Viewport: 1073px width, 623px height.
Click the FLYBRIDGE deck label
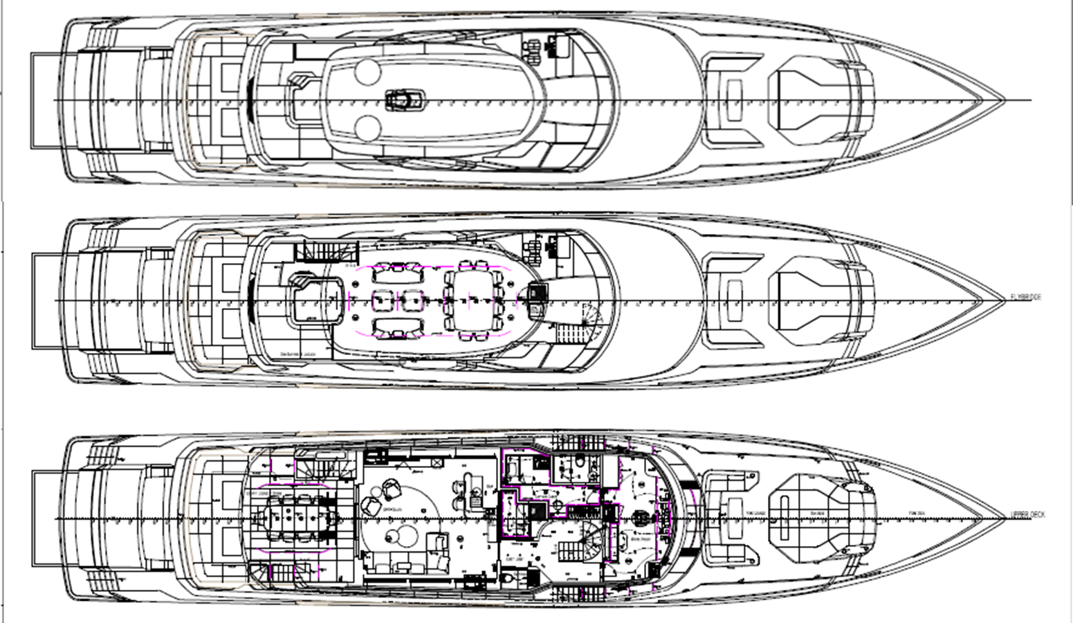tap(1025, 297)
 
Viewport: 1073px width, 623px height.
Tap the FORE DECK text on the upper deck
tap(918, 514)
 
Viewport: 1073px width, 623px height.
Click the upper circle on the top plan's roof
tap(366, 72)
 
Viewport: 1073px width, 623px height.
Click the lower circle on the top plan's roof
tap(367, 127)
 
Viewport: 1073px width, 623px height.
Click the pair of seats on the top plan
tap(533, 48)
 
